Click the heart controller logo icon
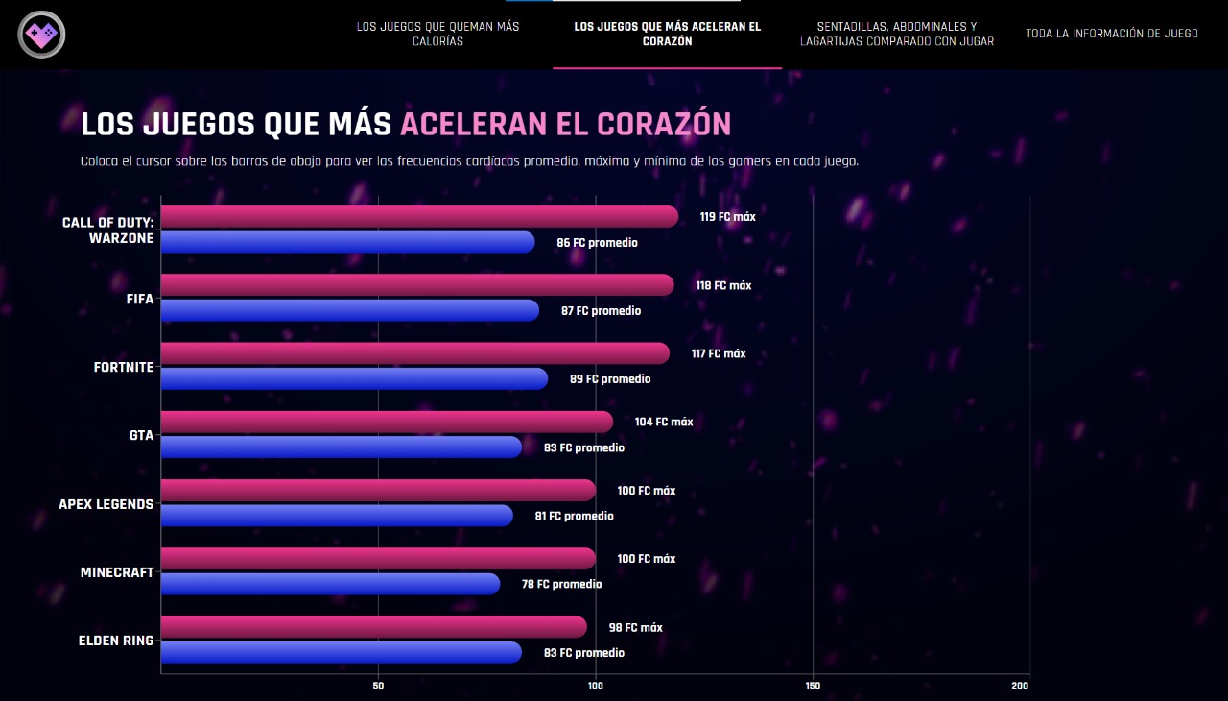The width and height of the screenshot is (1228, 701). (x=41, y=35)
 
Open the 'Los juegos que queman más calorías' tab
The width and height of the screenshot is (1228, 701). (x=437, y=34)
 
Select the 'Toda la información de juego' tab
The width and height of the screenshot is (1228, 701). (x=1111, y=34)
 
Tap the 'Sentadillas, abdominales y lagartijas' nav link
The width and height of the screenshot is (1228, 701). (x=896, y=34)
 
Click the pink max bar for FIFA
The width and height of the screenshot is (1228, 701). (x=416, y=285)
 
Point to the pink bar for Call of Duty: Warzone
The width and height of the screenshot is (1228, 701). (x=418, y=217)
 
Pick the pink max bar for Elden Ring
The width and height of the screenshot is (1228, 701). (x=373, y=627)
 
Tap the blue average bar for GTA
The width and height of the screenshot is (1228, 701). (x=341, y=447)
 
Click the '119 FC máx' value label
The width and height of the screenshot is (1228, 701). (x=727, y=217)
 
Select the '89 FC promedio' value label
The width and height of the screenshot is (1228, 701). (x=609, y=379)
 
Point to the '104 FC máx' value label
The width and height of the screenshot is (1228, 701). (x=663, y=422)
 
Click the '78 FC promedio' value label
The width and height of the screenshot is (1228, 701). (x=561, y=584)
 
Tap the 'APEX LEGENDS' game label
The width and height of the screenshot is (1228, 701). (x=106, y=504)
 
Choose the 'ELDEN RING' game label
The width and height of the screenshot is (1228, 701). (x=115, y=641)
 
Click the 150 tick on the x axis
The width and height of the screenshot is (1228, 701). (x=813, y=686)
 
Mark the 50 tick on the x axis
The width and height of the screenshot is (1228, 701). (x=378, y=686)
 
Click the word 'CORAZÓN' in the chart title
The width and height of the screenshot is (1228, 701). (x=664, y=125)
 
